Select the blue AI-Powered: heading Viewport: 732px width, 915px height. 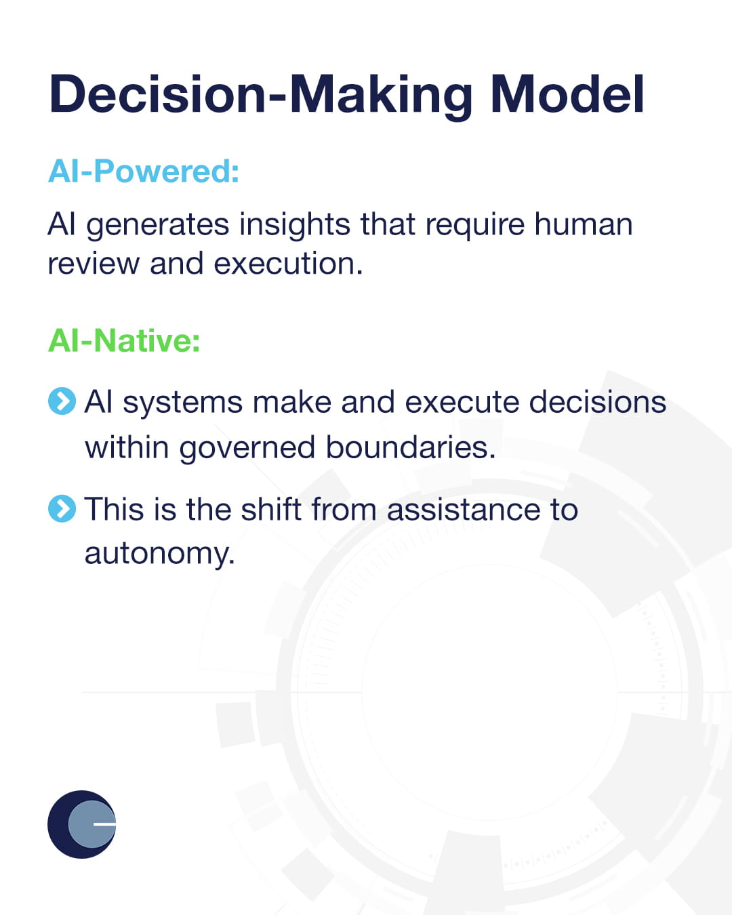(144, 171)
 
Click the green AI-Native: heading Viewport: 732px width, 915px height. (124, 340)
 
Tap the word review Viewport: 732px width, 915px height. (92, 264)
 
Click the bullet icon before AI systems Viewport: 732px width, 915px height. (62, 401)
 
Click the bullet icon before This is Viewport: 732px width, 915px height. (62, 508)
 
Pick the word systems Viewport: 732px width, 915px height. (182, 403)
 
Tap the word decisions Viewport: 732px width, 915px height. (597, 402)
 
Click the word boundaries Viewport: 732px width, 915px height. (410, 447)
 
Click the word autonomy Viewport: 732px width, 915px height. (159, 554)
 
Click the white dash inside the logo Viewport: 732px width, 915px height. (104, 824)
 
